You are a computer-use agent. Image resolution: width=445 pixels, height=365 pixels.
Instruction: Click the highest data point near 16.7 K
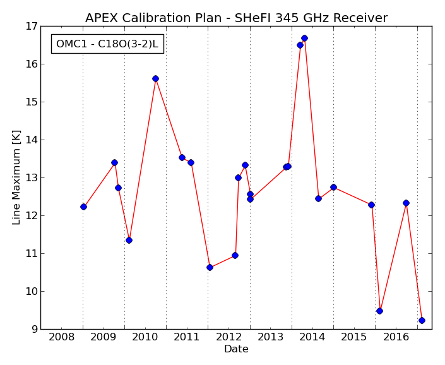pyautogui.click(x=304, y=39)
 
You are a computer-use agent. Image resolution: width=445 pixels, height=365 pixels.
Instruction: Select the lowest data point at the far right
pyautogui.click(x=422, y=320)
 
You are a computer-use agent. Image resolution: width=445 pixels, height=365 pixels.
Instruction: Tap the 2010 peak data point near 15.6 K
pyautogui.click(x=155, y=78)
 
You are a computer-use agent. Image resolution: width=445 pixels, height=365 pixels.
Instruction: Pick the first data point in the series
pyautogui.click(x=83, y=207)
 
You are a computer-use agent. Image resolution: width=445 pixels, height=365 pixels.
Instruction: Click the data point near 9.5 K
pyautogui.click(x=380, y=311)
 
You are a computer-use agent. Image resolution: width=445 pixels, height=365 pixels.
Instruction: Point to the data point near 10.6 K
pyautogui.click(x=210, y=267)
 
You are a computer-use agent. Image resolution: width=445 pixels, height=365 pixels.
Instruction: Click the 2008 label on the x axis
pyautogui.click(x=62, y=337)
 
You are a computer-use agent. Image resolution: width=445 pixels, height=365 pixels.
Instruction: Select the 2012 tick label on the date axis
pyautogui.click(x=228, y=337)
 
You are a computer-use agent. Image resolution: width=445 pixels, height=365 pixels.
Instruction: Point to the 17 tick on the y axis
pyautogui.click(x=32, y=26)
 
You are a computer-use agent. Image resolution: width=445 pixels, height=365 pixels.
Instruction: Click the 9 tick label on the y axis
pyautogui.click(x=35, y=329)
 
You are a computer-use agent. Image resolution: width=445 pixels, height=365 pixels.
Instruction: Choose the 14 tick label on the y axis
pyautogui.click(x=32, y=140)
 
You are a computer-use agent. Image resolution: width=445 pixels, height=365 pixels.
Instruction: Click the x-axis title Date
pyautogui.click(x=237, y=349)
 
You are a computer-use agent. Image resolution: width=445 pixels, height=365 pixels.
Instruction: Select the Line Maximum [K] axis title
pyautogui.click(x=16, y=177)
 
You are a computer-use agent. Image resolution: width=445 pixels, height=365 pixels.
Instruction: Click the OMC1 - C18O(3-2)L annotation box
pyautogui.click(x=107, y=44)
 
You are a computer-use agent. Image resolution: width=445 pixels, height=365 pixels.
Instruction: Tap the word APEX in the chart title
pyautogui.click(x=102, y=18)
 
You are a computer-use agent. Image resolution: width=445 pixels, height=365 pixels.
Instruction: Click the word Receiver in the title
pyautogui.click(x=360, y=18)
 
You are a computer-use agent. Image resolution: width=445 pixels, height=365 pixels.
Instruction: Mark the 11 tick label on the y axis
pyautogui.click(x=32, y=253)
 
